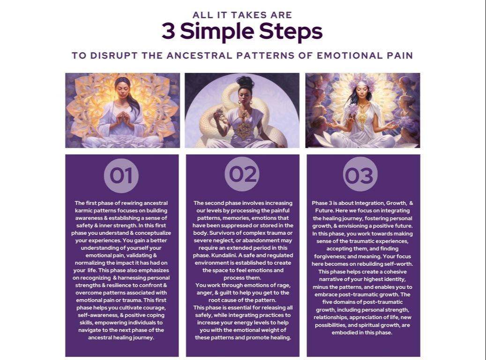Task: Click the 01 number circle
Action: pyautogui.click(x=121, y=175)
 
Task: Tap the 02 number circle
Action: pyautogui.click(x=242, y=174)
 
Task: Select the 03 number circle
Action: pyautogui.click(x=360, y=174)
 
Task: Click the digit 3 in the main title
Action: pyautogui.click(x=168, y=31)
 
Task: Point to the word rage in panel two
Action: pyautogui.click(x=284, y=285)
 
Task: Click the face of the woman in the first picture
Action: pyautogui.click(x=122, y=89)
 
